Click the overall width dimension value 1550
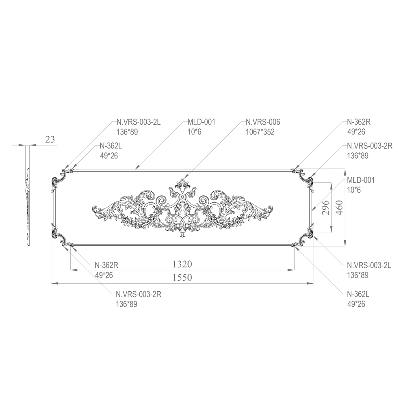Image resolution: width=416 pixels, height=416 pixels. click(x=182, y=277)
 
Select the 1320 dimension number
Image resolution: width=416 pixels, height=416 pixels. click(x=182, y=264)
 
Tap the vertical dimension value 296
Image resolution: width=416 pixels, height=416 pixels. click(x=325, y=208)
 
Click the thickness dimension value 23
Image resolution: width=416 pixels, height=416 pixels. click(x=50, y=139)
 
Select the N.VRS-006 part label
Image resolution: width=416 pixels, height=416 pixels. click(x=263, y=122)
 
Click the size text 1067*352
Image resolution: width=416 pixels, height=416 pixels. click(x=260, y=132)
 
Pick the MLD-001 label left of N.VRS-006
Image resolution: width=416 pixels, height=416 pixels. click(x=201, y=122)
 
